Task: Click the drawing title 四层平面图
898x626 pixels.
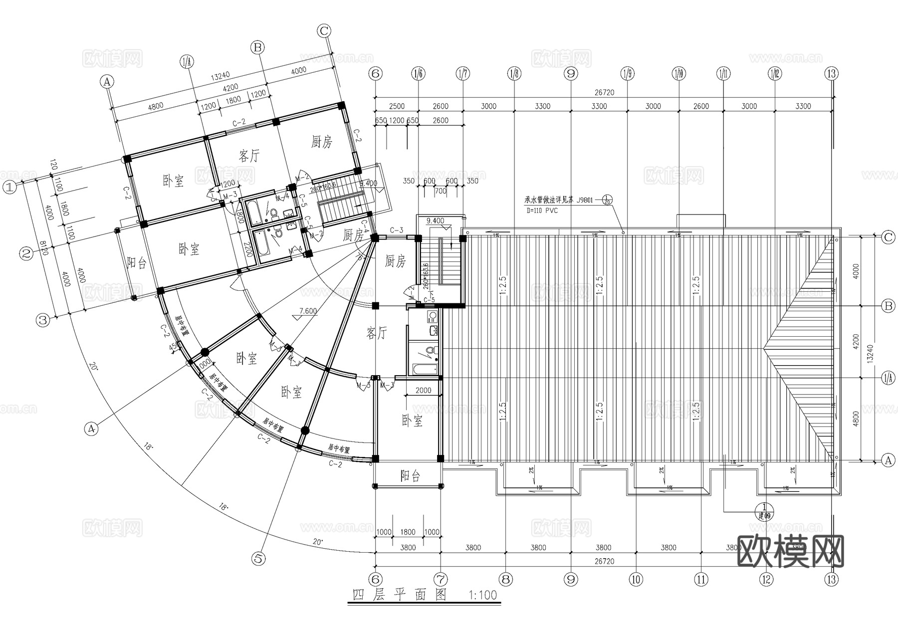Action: pos(399,595)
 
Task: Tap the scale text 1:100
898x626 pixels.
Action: pos(483,595)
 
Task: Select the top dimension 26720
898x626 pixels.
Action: pos(604,92)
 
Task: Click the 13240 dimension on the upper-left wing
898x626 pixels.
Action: pos(220,76)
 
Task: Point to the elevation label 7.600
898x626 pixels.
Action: pos(308,311)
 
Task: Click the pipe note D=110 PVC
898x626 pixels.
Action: pos(542,210)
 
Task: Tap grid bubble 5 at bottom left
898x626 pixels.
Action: pos(258,559)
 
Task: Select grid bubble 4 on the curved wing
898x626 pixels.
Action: pos(91,428)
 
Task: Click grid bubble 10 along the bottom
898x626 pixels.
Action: pos(636,579)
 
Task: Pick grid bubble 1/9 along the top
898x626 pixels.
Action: pos(627,74)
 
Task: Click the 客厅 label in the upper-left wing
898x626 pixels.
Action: pos(249,156)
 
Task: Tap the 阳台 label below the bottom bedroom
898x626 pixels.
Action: pos(410,476)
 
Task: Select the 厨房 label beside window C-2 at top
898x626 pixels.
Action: pos(321,142)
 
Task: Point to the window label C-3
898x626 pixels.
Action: pos(397,230)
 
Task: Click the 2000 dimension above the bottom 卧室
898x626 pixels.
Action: pos(423,391)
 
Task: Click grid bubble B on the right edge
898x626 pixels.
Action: pos(888,306)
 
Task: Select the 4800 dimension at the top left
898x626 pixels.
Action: pos(155,106)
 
